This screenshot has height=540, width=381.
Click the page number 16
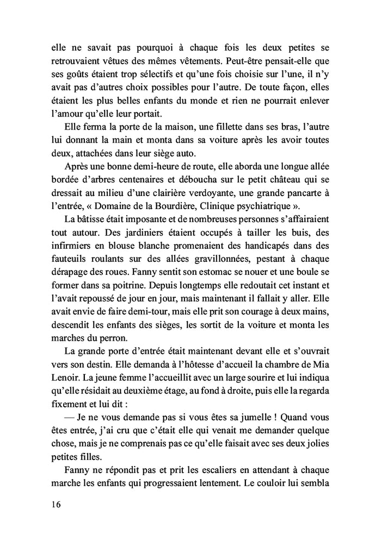[x=53, y=505]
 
